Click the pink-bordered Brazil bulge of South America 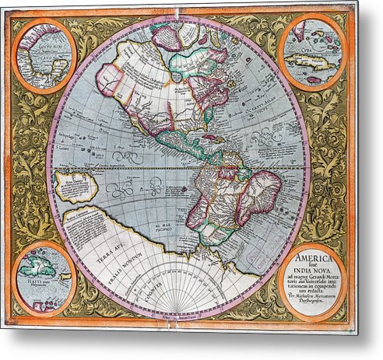pyautogui.click(x=258, y=191)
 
